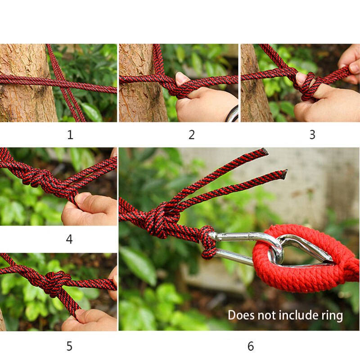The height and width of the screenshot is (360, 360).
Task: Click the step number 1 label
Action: [70, 135]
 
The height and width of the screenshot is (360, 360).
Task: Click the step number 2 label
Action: [192, 135]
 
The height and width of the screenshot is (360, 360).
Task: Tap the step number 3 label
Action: [312, 135]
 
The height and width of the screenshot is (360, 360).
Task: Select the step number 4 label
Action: [69, 239]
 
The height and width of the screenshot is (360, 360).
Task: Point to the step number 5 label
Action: [69, 346]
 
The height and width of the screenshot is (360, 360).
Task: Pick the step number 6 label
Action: [251, 346]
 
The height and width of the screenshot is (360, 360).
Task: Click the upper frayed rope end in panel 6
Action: [263, 152]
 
